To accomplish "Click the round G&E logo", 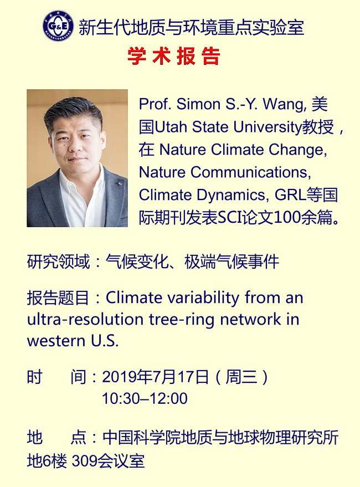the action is click(x=58, y=25).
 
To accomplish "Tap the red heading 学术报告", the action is click(x=174, y=56).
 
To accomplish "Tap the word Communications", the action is click(x=250, y=172).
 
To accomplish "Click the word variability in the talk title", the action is click(x=203, y=298).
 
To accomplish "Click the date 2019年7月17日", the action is click(x=155, y=377).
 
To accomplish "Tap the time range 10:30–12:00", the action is click(x=145, y=398).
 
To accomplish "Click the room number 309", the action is click(x=84, y=461).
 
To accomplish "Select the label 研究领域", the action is click(x=58, y=262).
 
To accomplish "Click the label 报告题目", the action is click(x=58, y=298).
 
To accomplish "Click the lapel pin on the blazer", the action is click(x=119, y=183).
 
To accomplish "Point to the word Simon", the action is click(x=198, y=104).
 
